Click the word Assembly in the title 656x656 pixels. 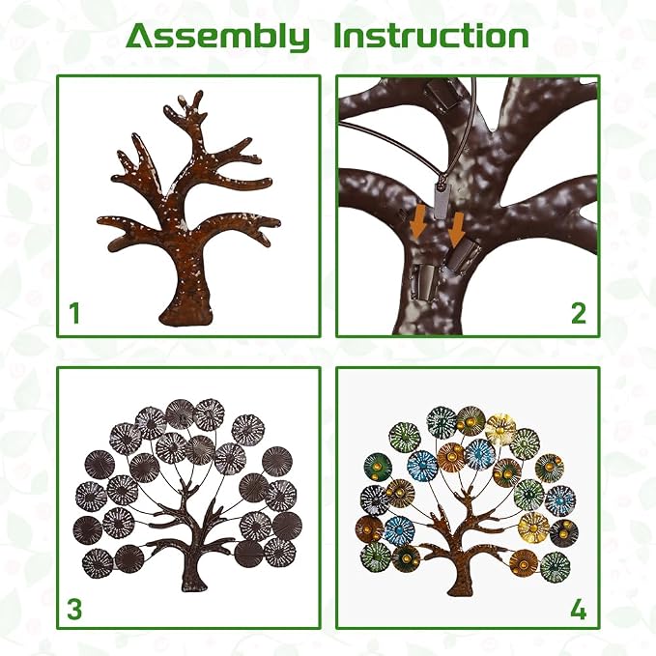click(217, 38)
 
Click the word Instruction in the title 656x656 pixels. click(431, 36)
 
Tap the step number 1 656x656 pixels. click(75, 313)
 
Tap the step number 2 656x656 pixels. click(579, 313)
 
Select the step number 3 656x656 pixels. click(74, 610)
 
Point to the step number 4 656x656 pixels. click(578, 610)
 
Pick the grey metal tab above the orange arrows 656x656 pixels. click(442, 202)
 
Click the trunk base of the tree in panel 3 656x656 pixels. click(194, 585)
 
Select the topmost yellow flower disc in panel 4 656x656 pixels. click(500, 429)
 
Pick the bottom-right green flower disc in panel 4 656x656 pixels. click(556, 566)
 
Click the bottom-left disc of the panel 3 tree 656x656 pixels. click(98, 563)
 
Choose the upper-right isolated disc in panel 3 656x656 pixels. click(277, 461)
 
